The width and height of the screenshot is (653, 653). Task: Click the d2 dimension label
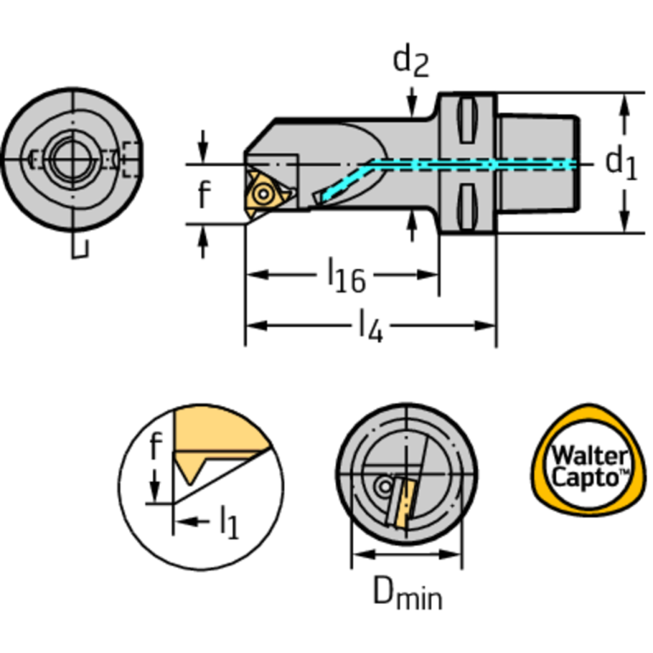[410, 61]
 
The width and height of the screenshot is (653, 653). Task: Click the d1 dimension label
[621, 161]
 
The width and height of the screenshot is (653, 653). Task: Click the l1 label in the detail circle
[228, 521]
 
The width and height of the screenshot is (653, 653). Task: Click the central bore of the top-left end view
[64, 158]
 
